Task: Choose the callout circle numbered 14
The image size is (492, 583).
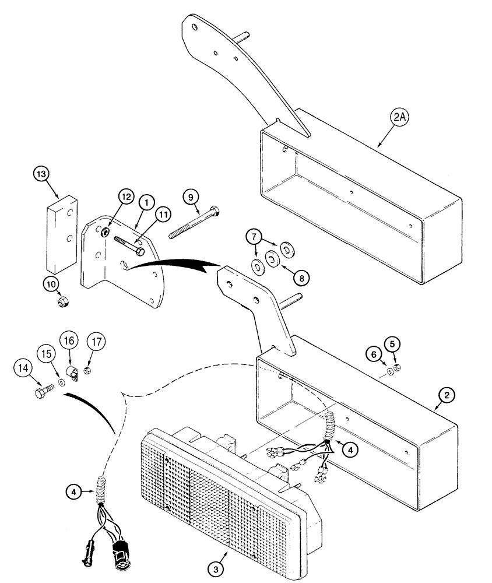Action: [22, 368]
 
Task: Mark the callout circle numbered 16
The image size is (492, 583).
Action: [69, 340]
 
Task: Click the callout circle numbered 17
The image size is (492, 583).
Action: [96, 341]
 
